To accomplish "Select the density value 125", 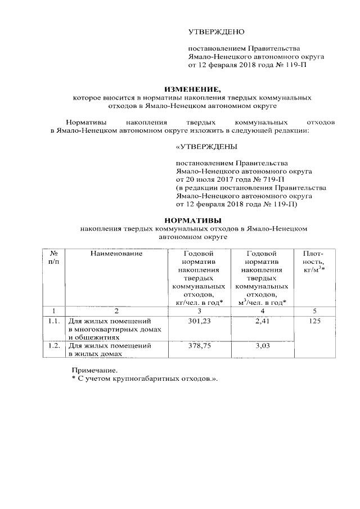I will tap(313, 321).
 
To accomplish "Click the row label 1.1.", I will tap(53, 321).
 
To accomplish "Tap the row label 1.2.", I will tap(53, 346).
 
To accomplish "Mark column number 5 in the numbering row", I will tap(313, 310).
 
